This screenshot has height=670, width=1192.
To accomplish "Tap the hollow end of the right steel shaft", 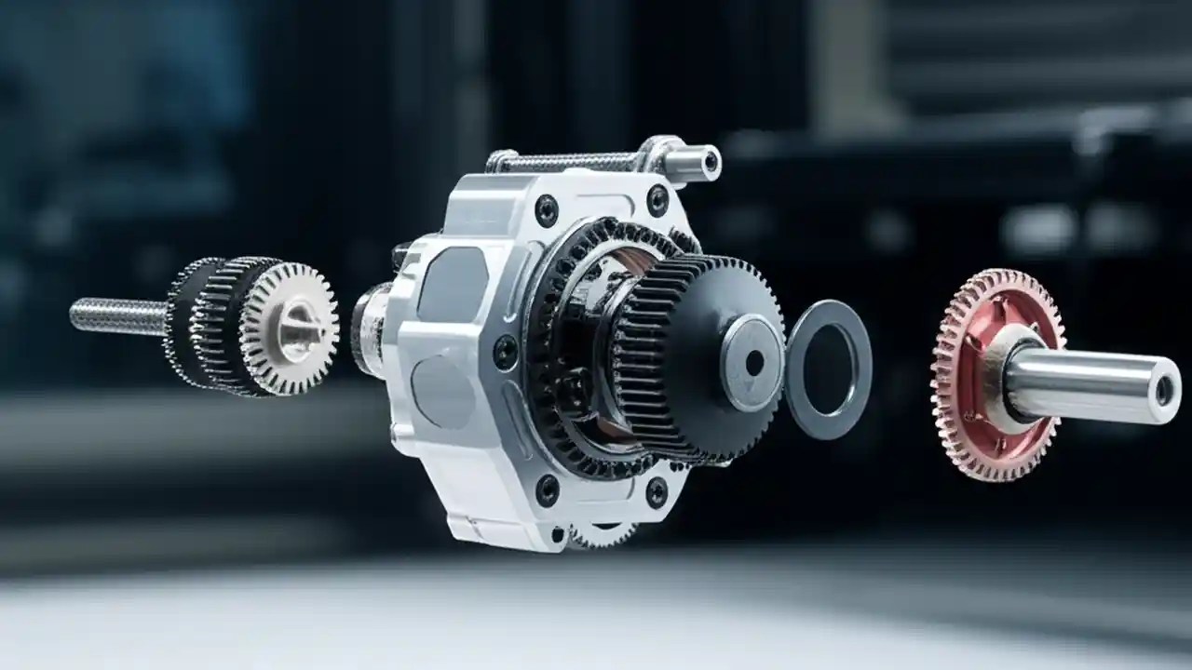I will (1164, 391).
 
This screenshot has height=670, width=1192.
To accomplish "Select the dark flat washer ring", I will (828, 409).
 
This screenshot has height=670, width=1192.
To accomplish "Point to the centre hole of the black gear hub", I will (753, 362).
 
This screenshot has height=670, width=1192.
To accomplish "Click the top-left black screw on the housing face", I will (547, 211).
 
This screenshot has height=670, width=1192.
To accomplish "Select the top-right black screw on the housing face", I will (657, 200).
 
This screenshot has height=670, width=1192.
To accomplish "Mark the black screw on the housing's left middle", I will (505, 352).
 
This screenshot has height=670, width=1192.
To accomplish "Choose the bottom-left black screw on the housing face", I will (547, 490).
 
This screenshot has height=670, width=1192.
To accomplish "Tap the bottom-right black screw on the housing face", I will (657, 492).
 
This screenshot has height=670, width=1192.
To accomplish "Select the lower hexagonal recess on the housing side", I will (443, 391).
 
